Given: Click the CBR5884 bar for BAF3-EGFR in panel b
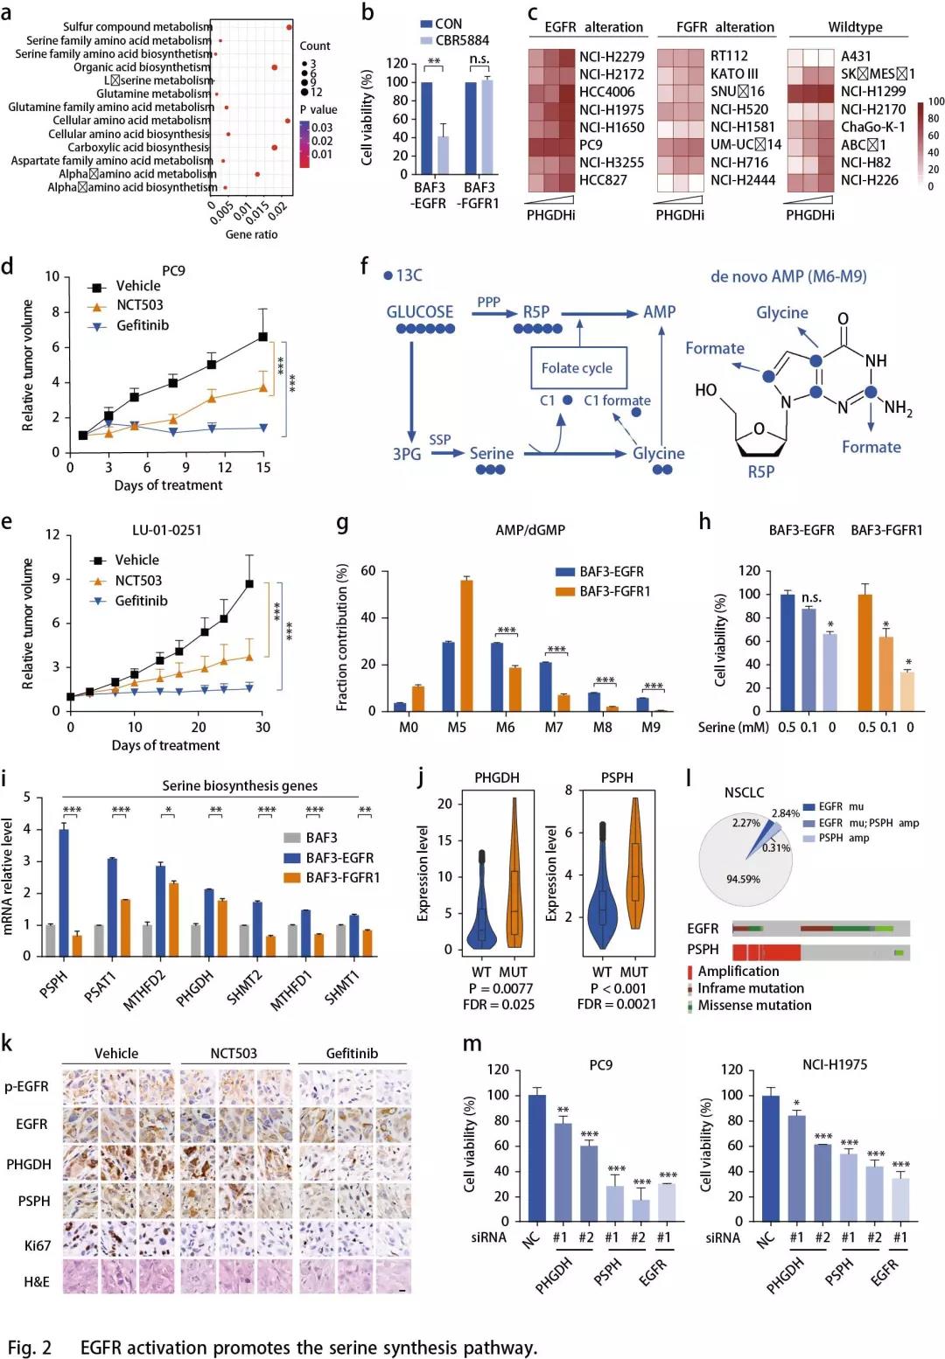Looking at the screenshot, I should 444,155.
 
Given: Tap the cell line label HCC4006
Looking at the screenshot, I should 605,92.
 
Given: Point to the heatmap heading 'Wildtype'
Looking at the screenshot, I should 855,27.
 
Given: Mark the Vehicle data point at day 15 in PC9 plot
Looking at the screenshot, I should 262,337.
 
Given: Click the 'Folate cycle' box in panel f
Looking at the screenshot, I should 577,368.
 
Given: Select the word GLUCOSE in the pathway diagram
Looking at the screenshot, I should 420,312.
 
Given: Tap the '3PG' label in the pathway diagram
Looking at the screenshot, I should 407,454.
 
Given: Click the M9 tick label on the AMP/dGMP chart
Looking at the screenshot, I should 651,728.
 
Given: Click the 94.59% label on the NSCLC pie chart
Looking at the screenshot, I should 743,879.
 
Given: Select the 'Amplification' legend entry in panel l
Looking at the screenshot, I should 738,972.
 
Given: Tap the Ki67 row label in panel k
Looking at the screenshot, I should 38,1245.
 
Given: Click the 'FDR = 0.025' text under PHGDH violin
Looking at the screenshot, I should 499,1005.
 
